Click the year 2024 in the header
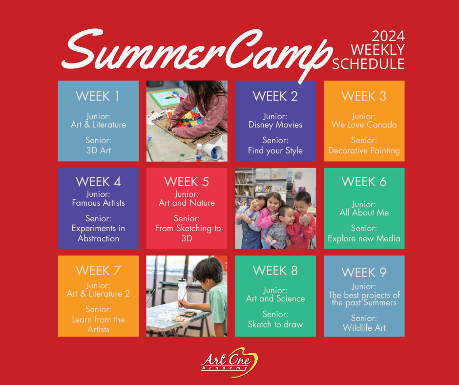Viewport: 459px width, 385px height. pyautogui.click(x=388, y=36)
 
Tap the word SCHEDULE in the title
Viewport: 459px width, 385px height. pyautogui.click(x=368, y=64)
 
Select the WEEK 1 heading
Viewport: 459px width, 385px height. pyautogui.click(x=98, y=96)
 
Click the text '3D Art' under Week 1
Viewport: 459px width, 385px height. pyautogui.click(x=98, y=150)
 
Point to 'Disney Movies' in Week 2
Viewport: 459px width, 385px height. pyautogui.click(x=275, y=125)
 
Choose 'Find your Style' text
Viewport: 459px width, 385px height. pyautogui.click(x=275, y=150)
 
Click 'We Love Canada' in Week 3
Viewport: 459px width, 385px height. pyautogui.click(x=364, y=125)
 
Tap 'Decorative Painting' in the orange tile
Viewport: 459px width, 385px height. pyautogui.click(x=364, y=150)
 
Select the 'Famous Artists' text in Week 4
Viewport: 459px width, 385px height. pyautogui.click(x=98, y=203)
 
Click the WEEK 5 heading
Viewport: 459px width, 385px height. pyautogui.click(x=187, y=182)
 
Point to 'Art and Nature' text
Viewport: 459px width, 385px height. pyautogui.click(x=187, y=203)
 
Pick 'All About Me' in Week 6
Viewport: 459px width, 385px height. pyautogui.click(x=364, y=213)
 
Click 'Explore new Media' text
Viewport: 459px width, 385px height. pyautogui.click(x=364, y=238)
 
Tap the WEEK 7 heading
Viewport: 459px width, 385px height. pyautogui.click(x=98, y=271)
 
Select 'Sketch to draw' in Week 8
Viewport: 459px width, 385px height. pyautogui.click(x=275, y=324)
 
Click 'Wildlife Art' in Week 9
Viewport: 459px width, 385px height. pyautogui.click(x=364, y=327)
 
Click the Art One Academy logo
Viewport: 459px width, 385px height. pyautogui.click(x=229, y=362)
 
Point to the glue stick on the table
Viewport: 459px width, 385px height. pyautogui.click(x=199, y=152)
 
